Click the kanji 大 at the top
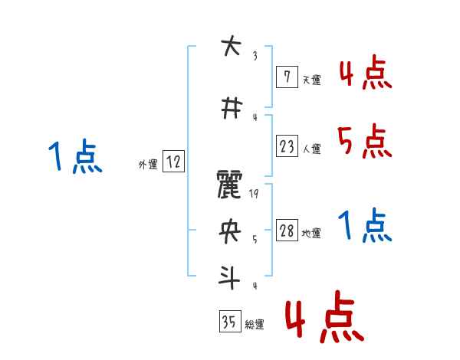tap(228, 47)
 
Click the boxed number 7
tap(286, 77)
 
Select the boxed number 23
tap(287, 146)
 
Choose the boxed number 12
tap(173, 162)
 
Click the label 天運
tap(310, 80)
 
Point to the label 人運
tap(312, 149)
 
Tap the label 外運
tap(147, 163)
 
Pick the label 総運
tap(254, 325)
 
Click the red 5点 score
tap(363, 141)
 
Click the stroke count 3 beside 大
tap(255, 55)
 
